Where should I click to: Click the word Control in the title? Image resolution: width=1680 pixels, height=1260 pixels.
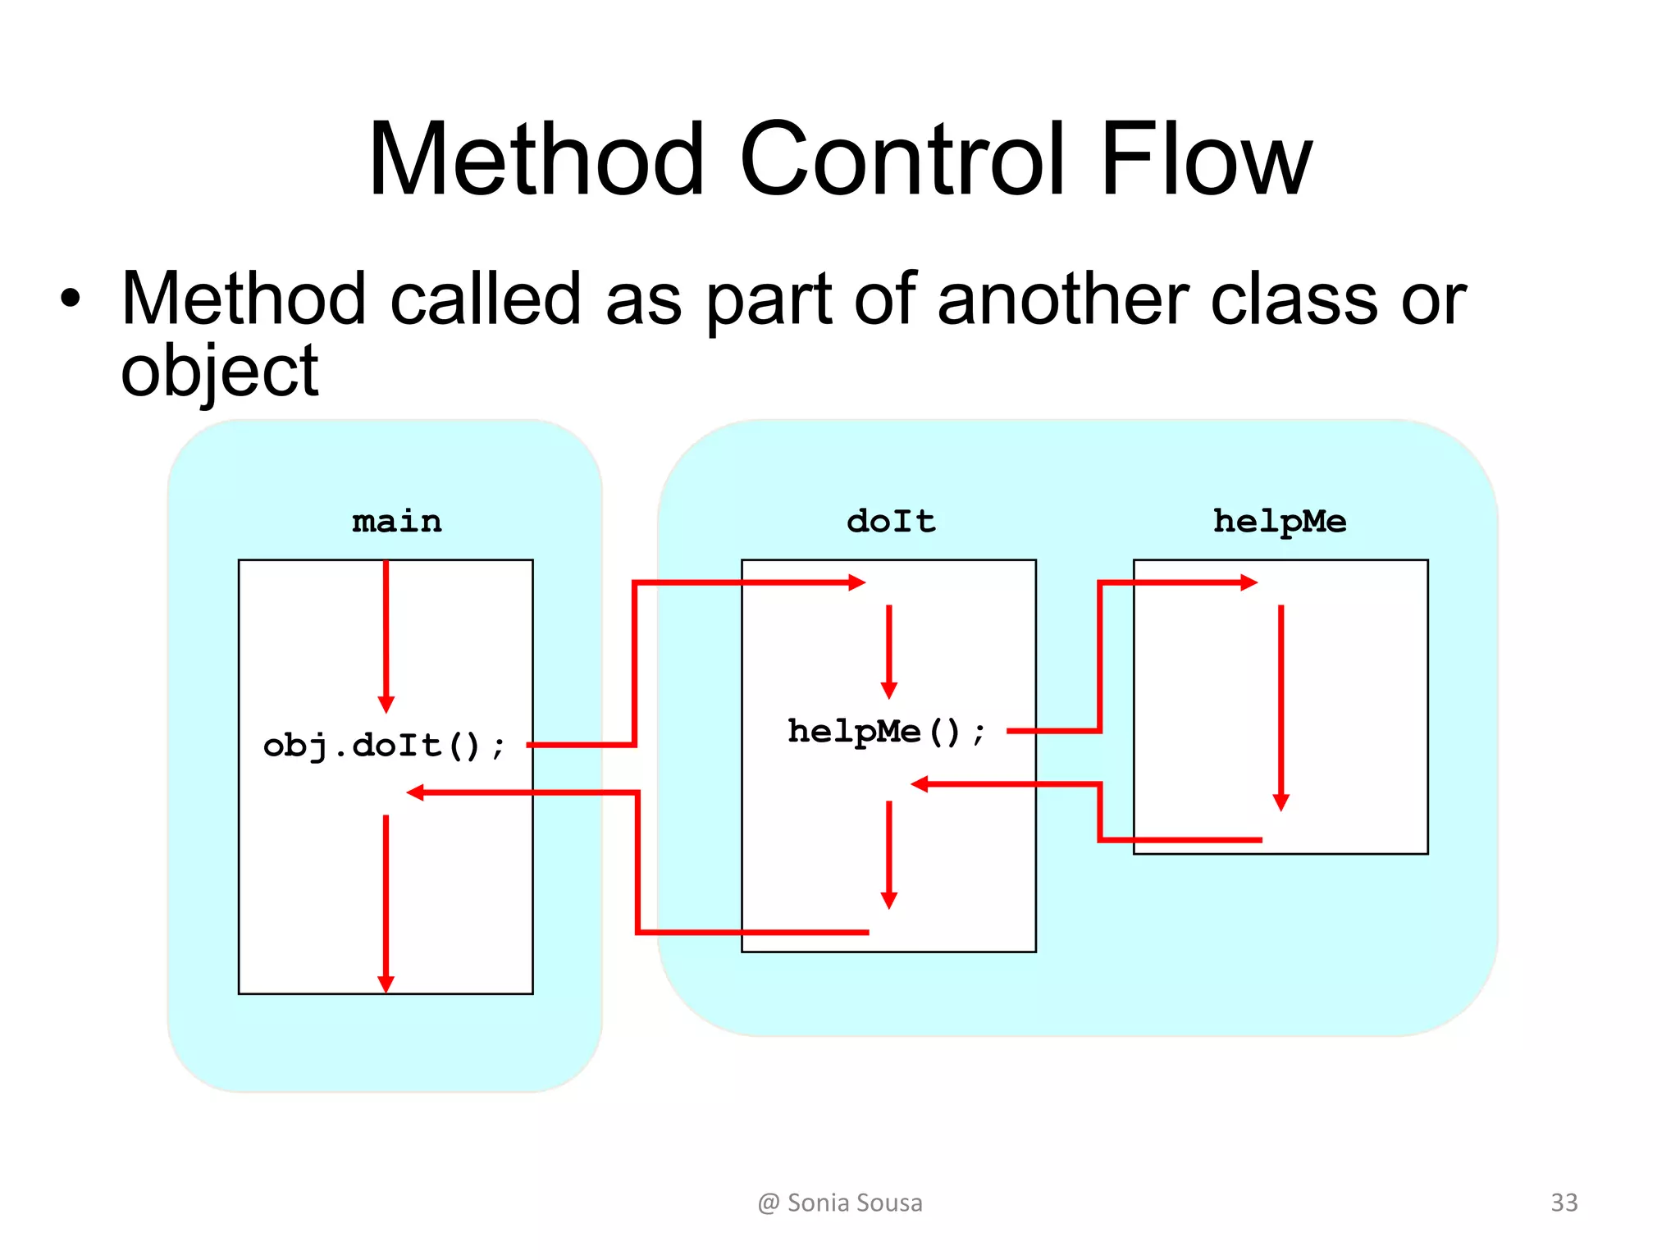point(902,159)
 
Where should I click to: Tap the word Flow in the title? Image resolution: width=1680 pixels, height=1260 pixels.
point(1206,159)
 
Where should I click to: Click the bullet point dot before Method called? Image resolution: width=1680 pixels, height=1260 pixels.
point(71,299)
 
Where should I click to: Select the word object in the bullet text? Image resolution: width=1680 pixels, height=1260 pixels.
point(219,372)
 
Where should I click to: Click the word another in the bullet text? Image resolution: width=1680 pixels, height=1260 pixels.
point(1062,299)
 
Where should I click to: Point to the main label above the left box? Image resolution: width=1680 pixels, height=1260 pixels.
point(397,522)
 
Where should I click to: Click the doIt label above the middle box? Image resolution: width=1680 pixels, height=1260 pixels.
point(891,522)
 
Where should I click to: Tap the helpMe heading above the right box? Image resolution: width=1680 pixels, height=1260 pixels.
point(1280,522)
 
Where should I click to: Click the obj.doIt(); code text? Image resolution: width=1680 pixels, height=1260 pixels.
point(384,746)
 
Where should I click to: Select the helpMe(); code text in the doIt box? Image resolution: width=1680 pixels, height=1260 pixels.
point(886,731)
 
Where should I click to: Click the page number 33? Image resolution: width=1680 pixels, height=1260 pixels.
point(1564,1203)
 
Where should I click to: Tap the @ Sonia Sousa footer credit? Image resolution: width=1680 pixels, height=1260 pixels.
point(840,1203)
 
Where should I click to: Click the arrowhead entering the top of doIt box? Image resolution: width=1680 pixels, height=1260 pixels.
point(857,582)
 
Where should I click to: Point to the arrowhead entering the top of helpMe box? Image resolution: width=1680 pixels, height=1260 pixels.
point(1249,582)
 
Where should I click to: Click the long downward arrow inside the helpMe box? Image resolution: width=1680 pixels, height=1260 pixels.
point(1281,705)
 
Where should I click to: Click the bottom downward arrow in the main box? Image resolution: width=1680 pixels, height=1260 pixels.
point(386,902)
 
